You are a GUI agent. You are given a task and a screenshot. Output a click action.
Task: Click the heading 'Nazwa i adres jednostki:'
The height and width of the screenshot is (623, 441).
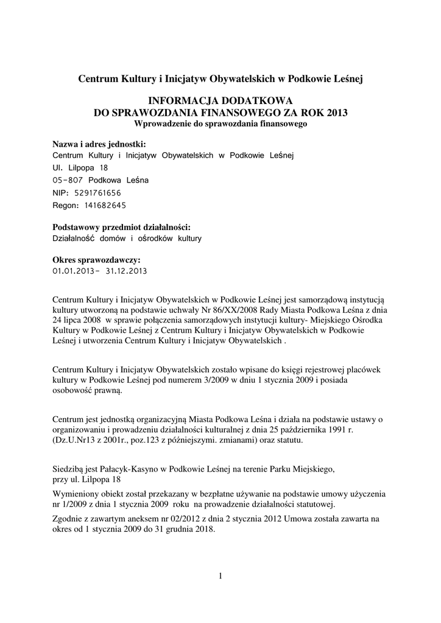pyautogui.click(x=99, y=144)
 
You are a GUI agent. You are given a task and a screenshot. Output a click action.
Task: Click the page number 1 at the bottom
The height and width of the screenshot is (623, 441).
pyautogui.click(x=220, y=576)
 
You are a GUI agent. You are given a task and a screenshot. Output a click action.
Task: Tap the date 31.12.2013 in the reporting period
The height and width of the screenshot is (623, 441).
pyautogui.click(x=125, y=271)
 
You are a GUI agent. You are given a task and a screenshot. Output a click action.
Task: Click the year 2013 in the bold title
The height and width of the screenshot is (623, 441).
pyautogui.click(x=337, y=113)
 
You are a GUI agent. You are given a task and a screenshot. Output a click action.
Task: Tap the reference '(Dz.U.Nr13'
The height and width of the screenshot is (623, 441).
pyautogui.click(x=75, y=439)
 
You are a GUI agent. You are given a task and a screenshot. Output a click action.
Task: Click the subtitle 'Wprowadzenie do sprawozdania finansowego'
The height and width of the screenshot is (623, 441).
pyautogui.click(x=220, y=124)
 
